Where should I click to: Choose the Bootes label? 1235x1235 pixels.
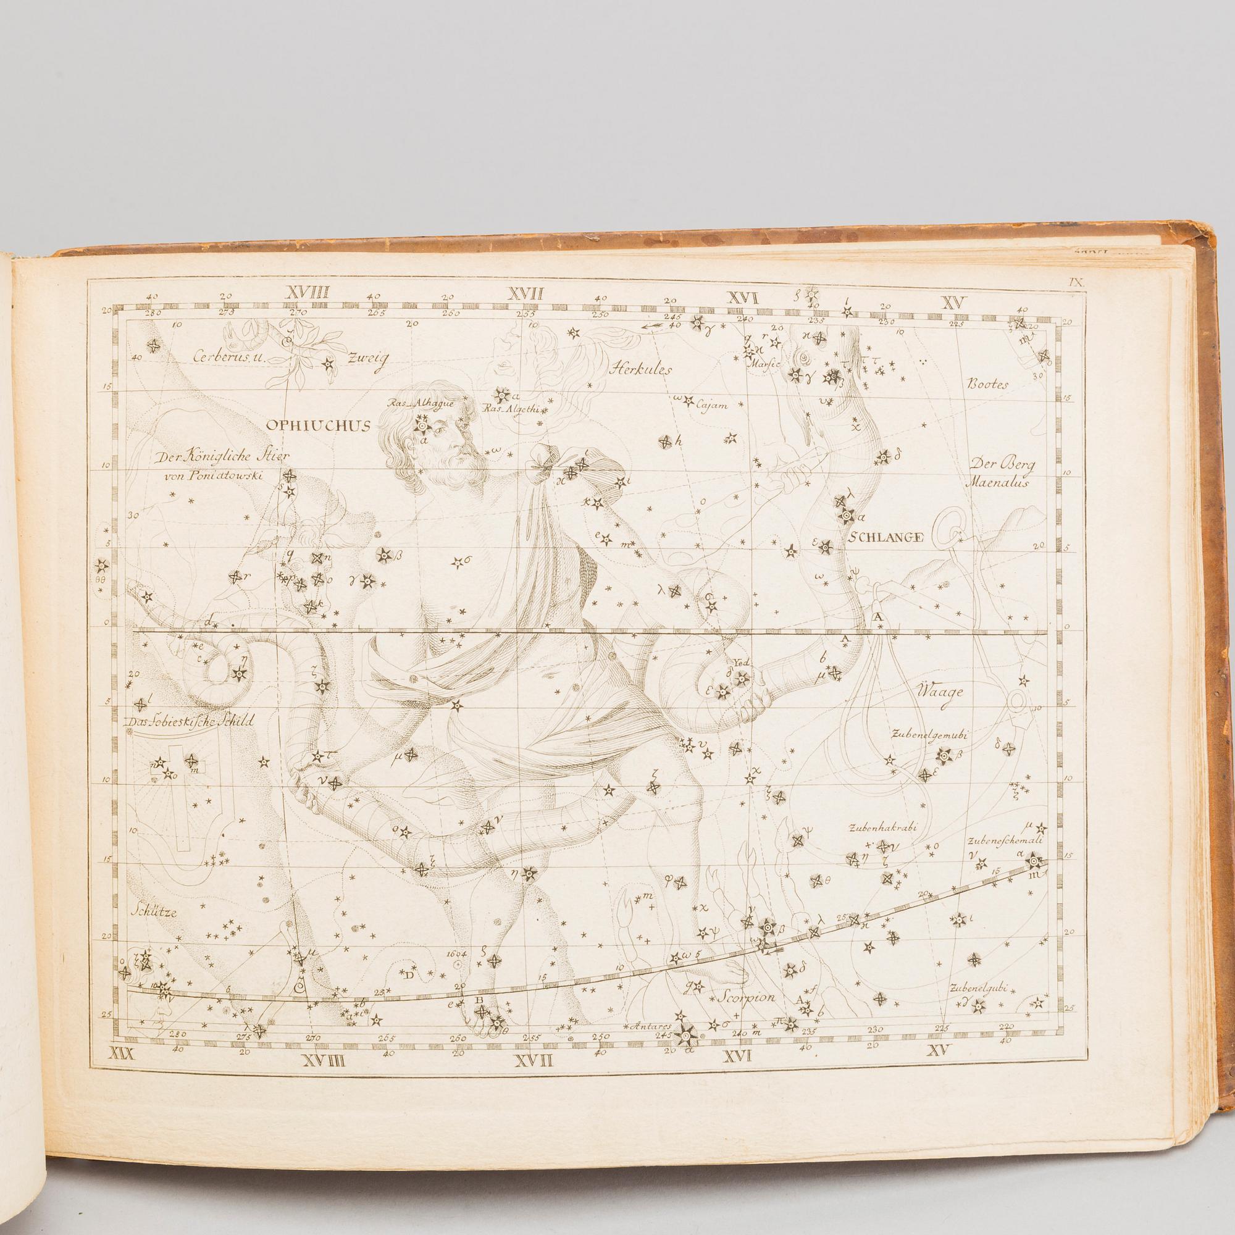point(987,385)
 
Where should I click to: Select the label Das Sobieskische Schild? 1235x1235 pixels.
point(190,722)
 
